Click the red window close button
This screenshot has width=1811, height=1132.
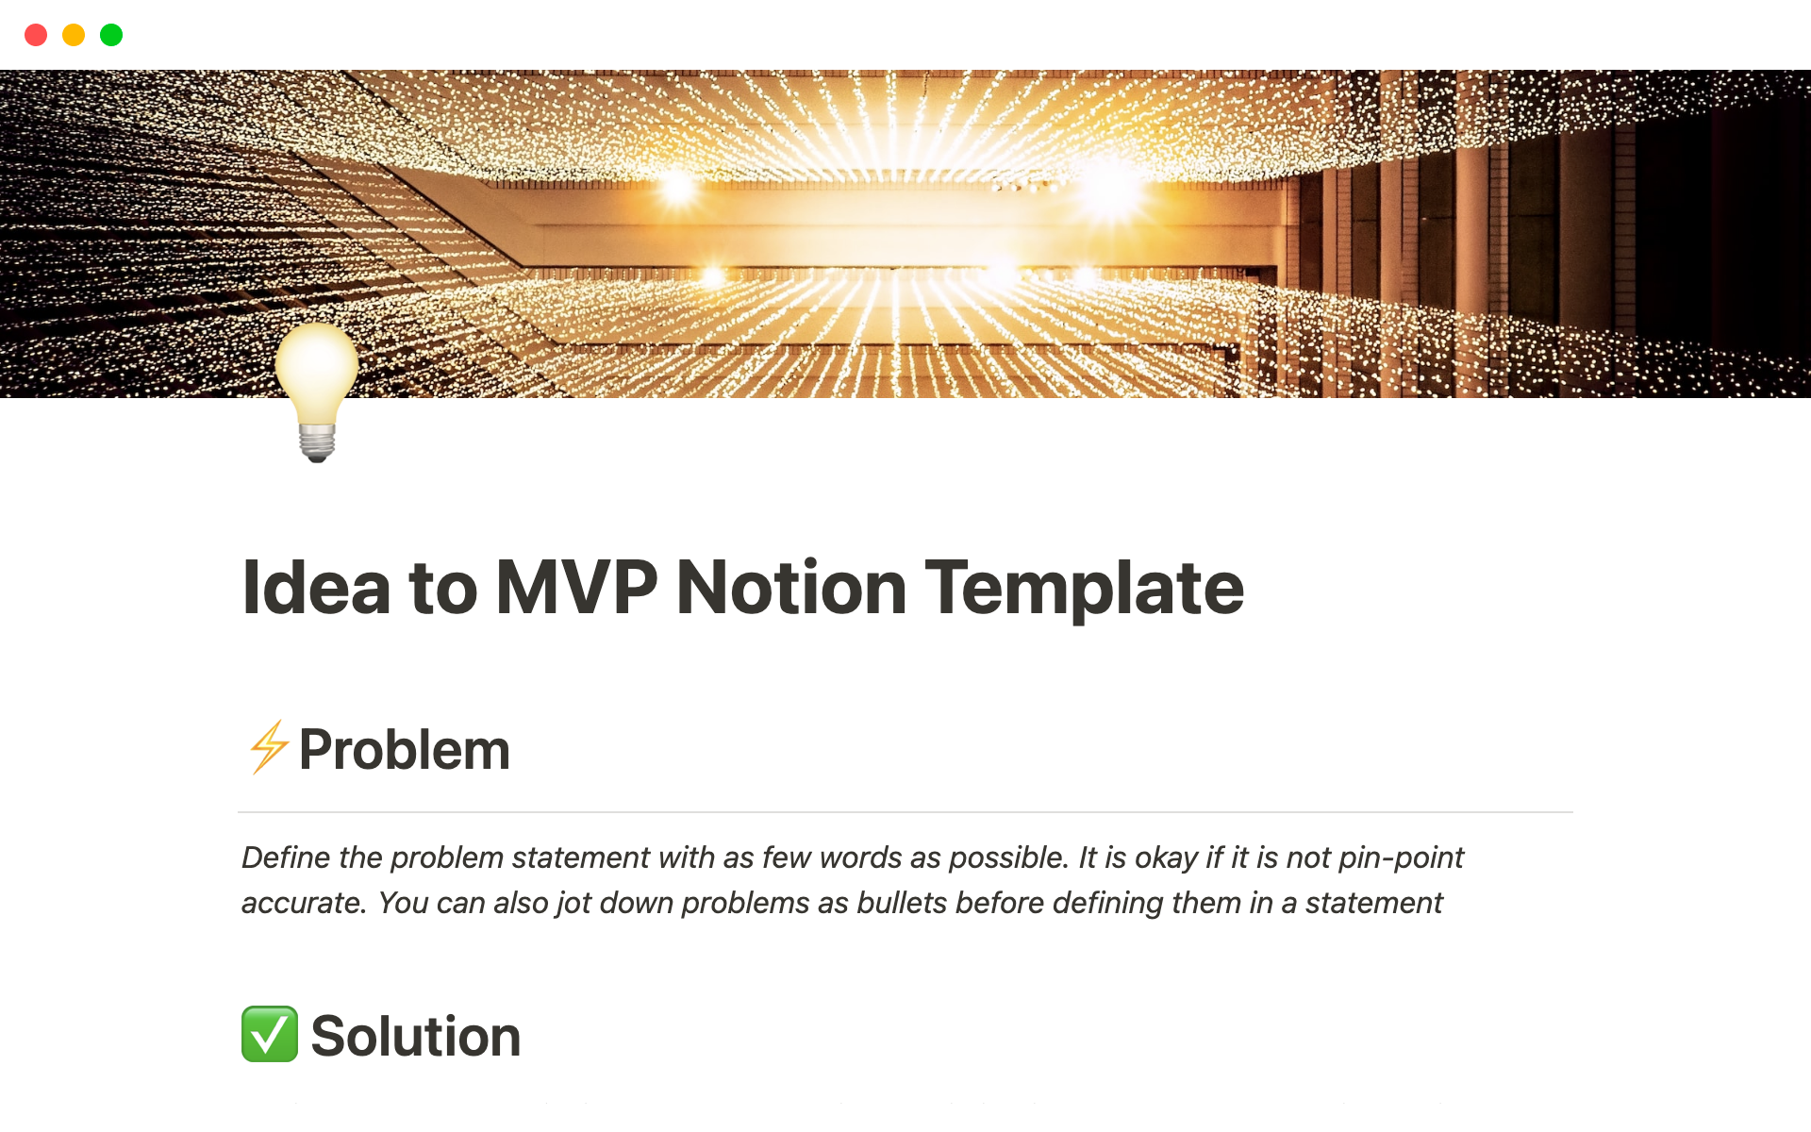pyautogui.click(x=36, y=35)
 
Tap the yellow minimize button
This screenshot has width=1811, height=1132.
pyautogui.click(x=74, y=35)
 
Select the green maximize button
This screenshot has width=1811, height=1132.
pyautogui.click(x=111, y=35)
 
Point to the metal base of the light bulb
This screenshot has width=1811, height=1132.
pyautogui.click(x=317, y=442)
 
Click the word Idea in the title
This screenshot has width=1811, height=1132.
pyautogui.click(x=316, y=588)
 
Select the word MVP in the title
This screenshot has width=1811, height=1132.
pyautogui.click(x=576, y=588)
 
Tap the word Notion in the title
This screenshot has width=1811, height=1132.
pyautogui.click(x=791, y=588)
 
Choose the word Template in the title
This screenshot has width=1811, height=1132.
pyautogui.click(x=1085, y=589)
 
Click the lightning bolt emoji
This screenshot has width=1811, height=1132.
pyautogui.click(x=269, y=747)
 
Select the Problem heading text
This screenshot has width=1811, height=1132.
pyautogui.click(x=405, y=750)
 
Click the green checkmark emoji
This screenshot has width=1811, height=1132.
pyautogui.click(x=270, y=1034)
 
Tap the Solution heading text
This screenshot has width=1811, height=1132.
pyautogui.click(x=416, y=1037)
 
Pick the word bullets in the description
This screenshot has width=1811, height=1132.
pyautogui.click(x=902, y=903)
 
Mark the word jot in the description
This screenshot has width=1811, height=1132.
pyautogui.click(x=573, y=904)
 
